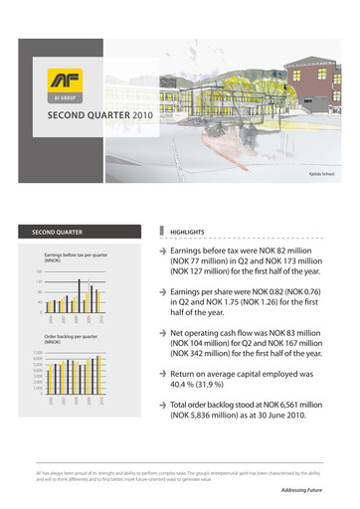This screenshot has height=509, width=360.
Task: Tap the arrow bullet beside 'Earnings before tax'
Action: click(x=164, y=228)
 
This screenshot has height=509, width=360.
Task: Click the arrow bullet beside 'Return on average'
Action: click(x=164, y=373)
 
